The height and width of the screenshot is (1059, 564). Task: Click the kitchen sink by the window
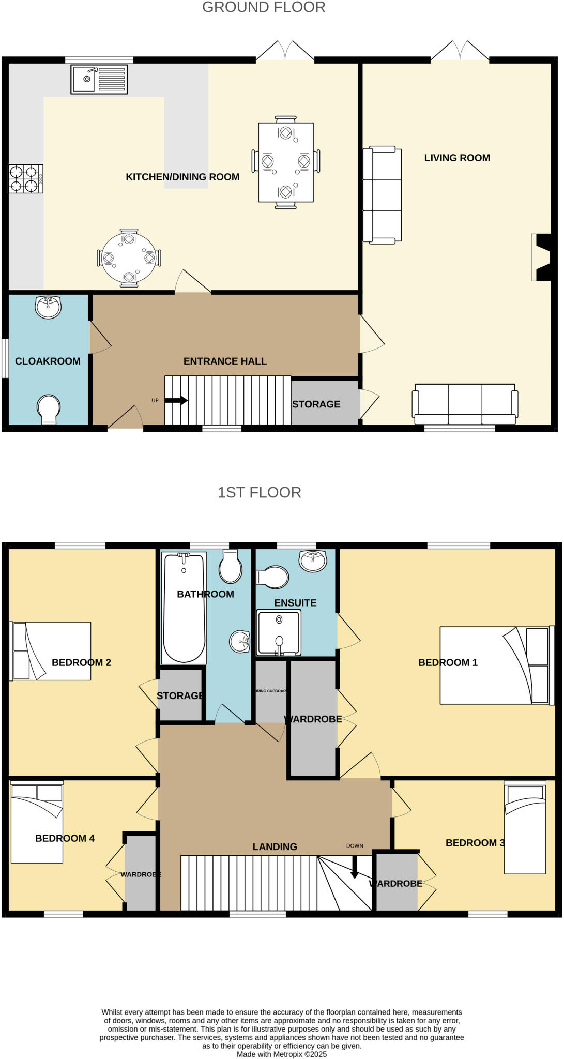[99, 79]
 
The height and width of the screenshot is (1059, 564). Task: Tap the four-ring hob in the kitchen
[26, 179]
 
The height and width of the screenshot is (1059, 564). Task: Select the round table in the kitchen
[129, 258]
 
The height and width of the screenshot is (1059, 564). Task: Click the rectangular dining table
[286, 162]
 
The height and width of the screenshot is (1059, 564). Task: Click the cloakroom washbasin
[48, 307]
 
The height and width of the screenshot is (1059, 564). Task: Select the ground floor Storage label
[316, 404]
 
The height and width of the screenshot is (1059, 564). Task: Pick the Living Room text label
[457, 158]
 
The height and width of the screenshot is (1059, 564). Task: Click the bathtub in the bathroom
[184, 608]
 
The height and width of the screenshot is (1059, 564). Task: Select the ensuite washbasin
[313, 561]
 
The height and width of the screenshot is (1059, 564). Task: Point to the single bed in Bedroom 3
[525, 827]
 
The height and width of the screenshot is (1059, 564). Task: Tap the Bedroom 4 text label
[65, 838]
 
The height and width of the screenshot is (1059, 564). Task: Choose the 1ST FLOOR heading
[259, 492]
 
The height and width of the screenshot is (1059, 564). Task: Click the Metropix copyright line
[282, 1054]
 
